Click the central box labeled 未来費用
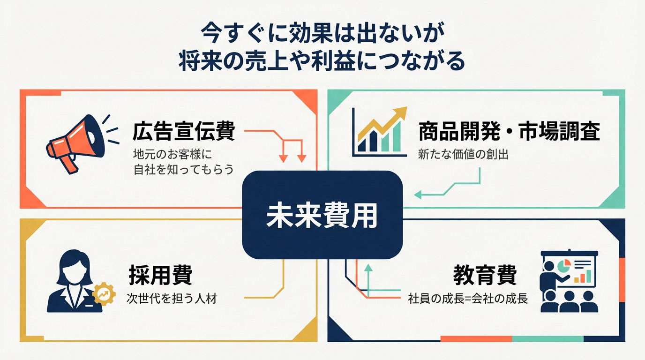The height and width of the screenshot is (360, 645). click(x=322, y=215)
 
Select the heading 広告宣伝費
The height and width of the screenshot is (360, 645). click(x=183, y=132)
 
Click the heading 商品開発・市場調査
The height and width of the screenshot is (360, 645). click(x=509, y=132)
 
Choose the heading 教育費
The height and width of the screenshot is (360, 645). click(x=485, y=275)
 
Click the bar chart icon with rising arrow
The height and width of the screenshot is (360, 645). click(x=379, y=132)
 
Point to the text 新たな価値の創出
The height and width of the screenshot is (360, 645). click(x=463, y=155)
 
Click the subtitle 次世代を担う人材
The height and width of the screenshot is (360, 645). click(x=172, y=298)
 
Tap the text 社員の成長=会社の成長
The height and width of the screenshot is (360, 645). click(x=468, y=298)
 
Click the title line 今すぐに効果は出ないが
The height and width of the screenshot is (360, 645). click(x=322, y=34)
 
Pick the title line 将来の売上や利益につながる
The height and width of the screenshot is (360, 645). click(x=322, y=61)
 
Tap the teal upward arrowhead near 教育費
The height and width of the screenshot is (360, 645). click(x=368, y=268)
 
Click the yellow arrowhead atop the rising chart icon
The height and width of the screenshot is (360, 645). click(x=400, y=112)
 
